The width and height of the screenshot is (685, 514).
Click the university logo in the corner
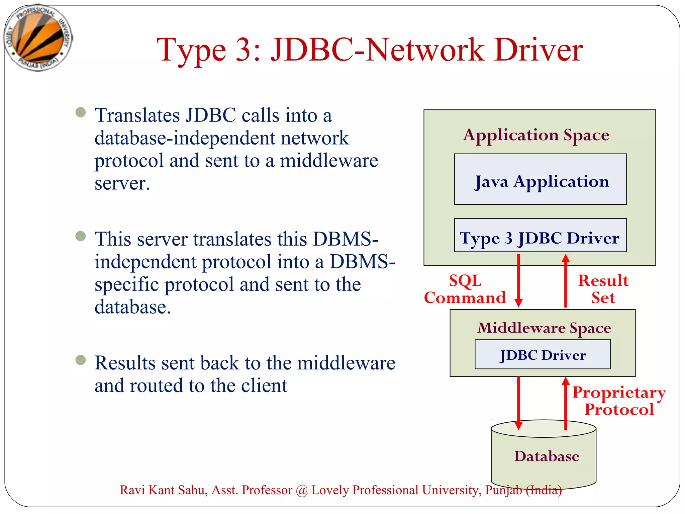tap(38, 37)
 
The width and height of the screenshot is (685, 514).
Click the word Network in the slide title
tap(424, 50)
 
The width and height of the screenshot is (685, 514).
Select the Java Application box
tap(540, 179)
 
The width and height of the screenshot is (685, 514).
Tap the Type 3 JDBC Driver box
tap(540, 235)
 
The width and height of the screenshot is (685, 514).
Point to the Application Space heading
tap(536, 135)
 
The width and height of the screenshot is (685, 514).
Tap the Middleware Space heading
tap(544, 328)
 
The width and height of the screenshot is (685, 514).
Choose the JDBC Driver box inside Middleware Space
tap(543, 355)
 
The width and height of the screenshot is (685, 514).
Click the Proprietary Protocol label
tap(619, 401)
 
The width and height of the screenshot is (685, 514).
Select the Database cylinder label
tap(547, 456)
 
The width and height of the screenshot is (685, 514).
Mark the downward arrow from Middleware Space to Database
tap(518, 403)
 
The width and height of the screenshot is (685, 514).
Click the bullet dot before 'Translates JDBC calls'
tap(81, 112)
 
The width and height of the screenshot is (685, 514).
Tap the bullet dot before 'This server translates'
tap(81, 236)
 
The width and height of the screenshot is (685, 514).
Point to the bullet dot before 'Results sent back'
tap(81, 360)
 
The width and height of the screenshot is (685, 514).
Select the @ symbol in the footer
tap(302, 490)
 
